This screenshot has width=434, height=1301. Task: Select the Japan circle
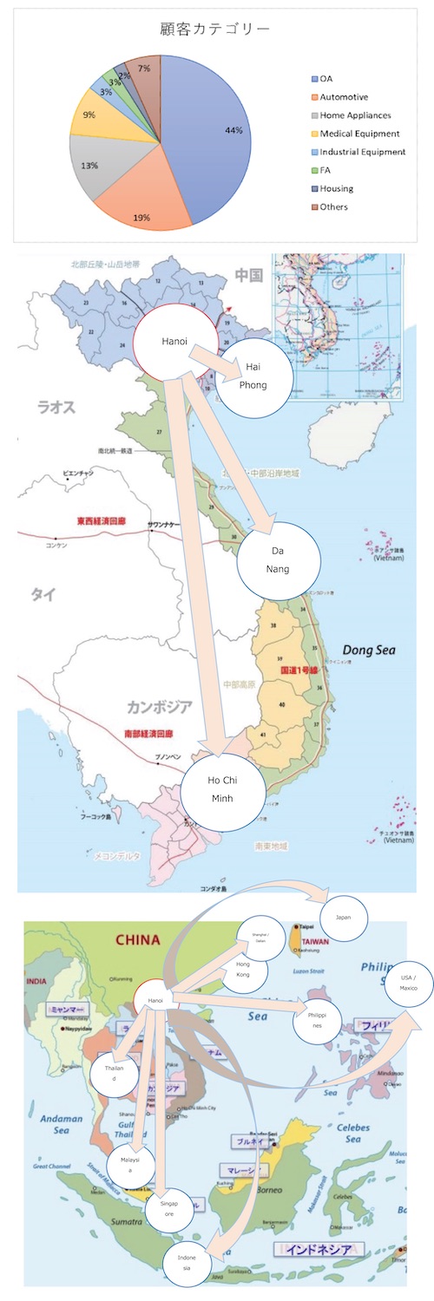[344, 917]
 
